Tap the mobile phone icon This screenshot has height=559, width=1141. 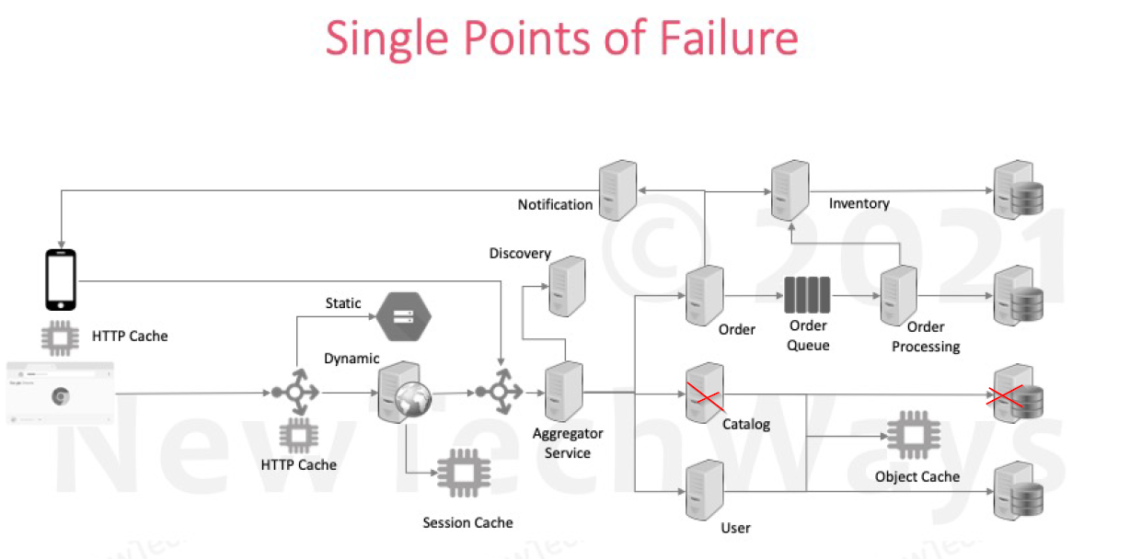click(x=61, y=279)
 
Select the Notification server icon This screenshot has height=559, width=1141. click(x=617, y=190)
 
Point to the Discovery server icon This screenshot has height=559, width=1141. click(x=567, y=286)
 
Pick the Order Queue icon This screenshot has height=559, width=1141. click(x=807, y=296)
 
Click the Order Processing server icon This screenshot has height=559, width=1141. click(x=897, y=295)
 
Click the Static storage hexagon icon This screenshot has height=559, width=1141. click(x=401, y=314)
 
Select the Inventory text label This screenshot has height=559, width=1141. click(x=859, y=203)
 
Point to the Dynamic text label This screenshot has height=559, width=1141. click(x=352, y=359)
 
